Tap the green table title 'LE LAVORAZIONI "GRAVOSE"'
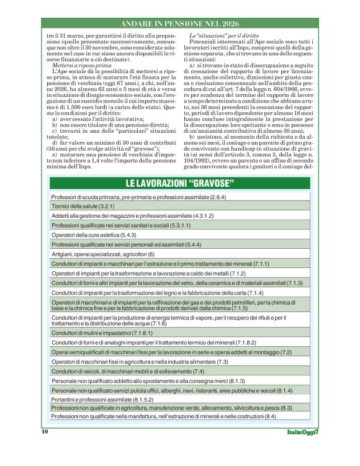click(179, 184)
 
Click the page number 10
click(45, 431)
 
